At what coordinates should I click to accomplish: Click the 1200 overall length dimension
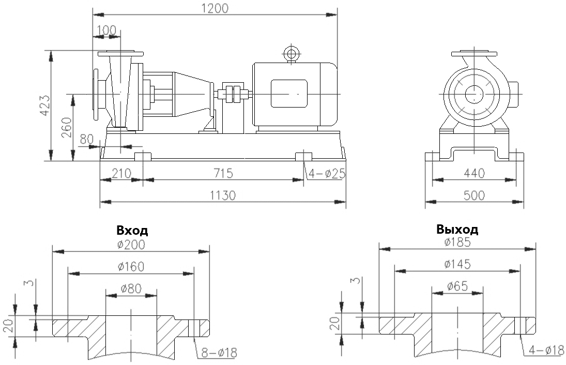[x=215, y=8]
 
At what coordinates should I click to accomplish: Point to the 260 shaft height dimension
[x=67, y=128]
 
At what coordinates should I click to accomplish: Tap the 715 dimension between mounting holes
[x=223, y=173]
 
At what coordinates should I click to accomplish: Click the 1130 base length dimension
[x=223, y=195]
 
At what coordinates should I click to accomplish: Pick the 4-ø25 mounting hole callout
[x=327, y=174]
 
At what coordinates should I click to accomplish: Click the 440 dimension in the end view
[x=474, y=173]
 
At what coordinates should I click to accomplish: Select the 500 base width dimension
[x=474, y=195]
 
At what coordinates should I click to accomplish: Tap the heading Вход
[x=132, y=231]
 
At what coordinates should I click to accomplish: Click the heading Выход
[x=457, y=229]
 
